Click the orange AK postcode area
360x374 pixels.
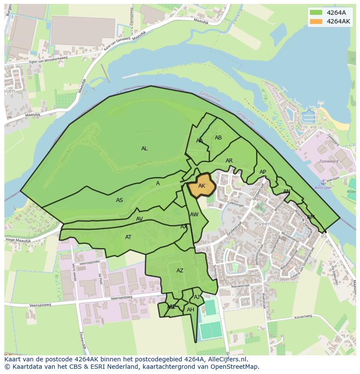click(x=201, y=185)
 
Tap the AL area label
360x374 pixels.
click(x=144, y=149)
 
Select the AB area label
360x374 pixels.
click(x=218, y=138)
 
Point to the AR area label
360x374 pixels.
click(x=229, y=161)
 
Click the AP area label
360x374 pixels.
click(x=263, y=172)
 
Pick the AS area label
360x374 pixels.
click(x=120, y=200)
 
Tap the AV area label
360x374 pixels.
click(x=140, y=219)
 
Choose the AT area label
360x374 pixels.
click(x=128, y=237)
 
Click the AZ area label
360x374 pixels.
click(x=180, y=271)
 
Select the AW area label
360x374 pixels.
click(x=194, y=215)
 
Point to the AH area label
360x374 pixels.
click(x=190, y=310)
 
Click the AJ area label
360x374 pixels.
click(x=197, y=297)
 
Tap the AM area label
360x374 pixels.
click(x=311, y=217)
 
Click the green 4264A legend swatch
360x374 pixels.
click(x=316, y=13)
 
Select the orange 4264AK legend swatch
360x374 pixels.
click(x=316, y=21)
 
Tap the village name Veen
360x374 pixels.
click(x=264, y=224)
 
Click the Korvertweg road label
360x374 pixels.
click(x=303, y=318)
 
